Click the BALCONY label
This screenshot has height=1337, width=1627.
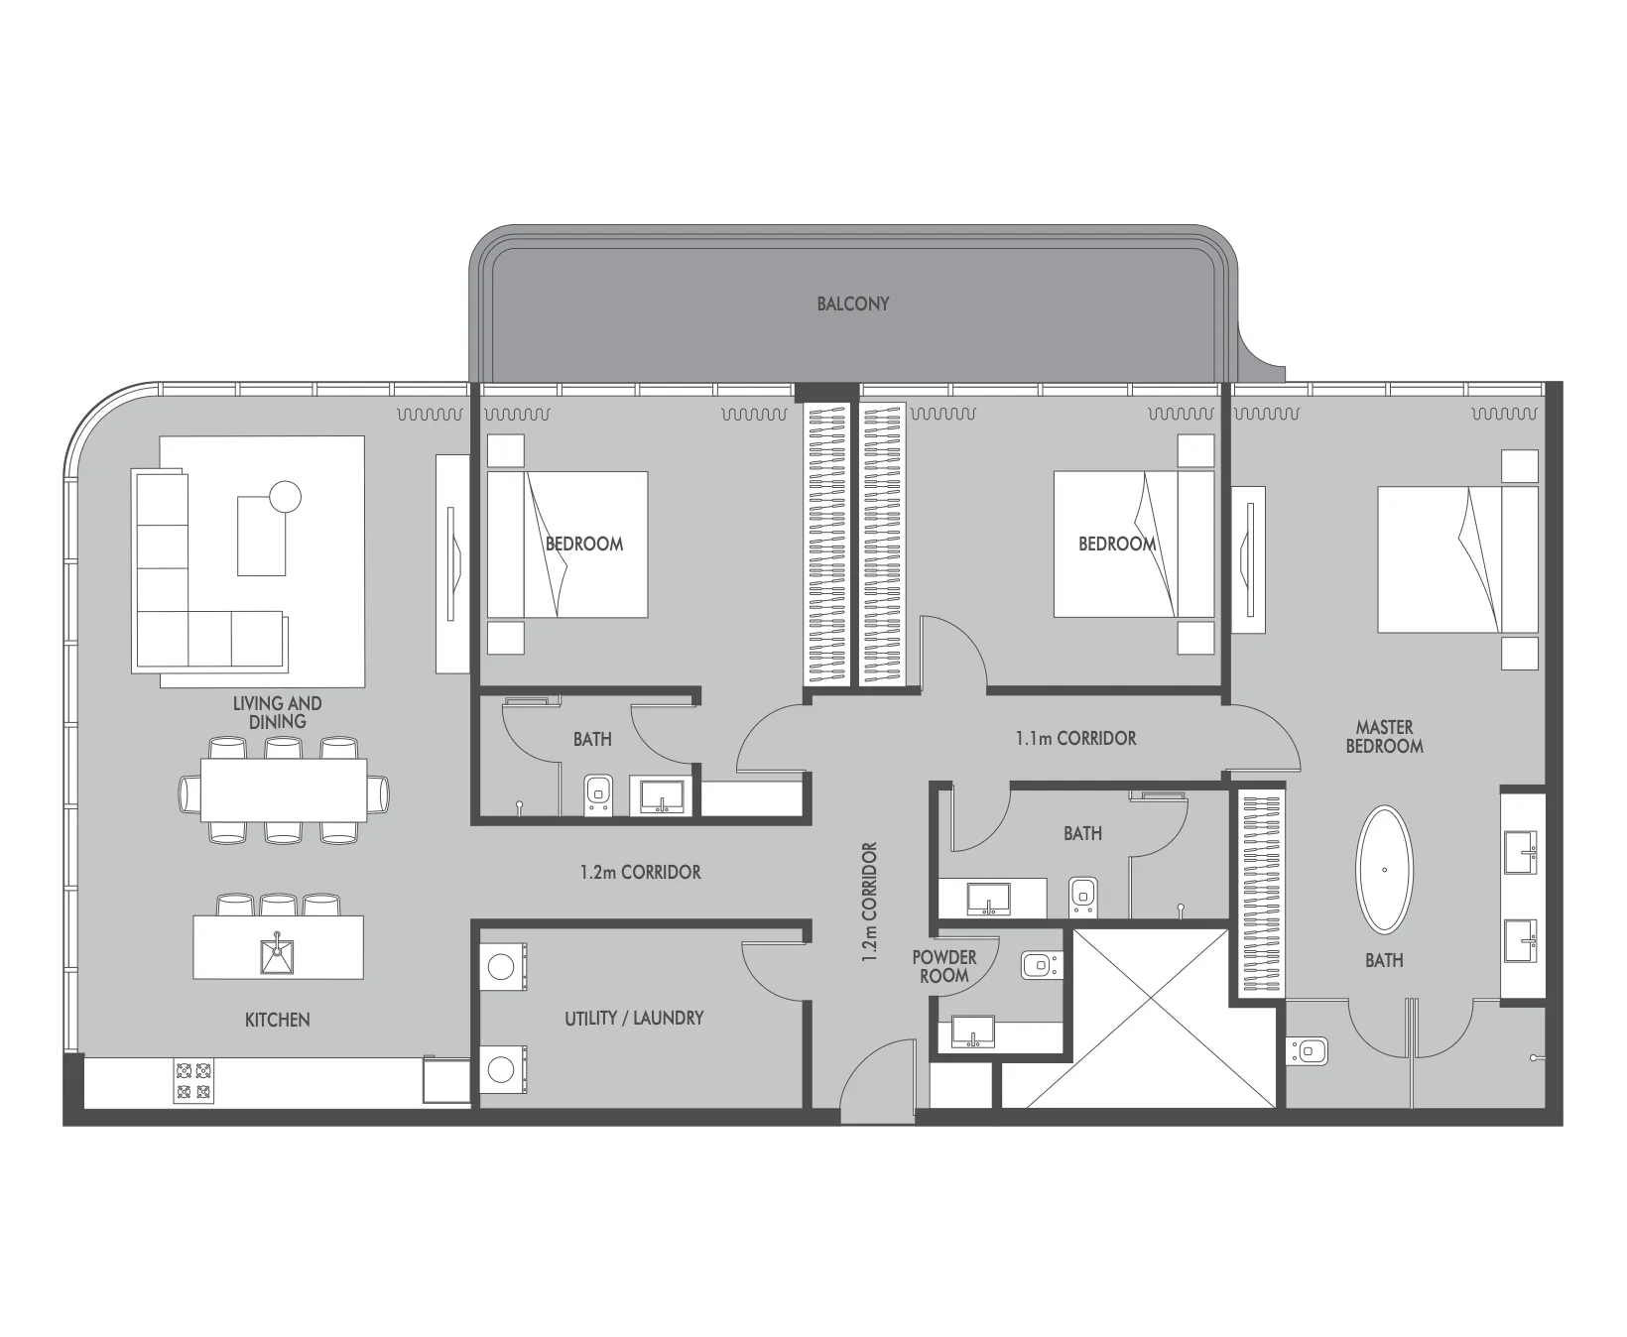click(x=852, y=304)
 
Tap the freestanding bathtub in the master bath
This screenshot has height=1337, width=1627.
click(x=1384, y=870)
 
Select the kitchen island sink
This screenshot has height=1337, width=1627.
click(x=278, y=955)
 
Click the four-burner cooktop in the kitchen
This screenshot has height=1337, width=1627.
click(x=193, y=1081)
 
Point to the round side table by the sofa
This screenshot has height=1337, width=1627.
click(x=285, y=496)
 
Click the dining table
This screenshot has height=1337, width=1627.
click(x=284, y=790)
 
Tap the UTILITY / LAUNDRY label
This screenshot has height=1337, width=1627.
click(x=634, y=1018)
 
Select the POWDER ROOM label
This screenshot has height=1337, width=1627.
click(x=944, y=966)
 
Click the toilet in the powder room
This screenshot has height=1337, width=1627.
click(x=1042, y=962)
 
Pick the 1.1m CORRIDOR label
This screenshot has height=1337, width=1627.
click(x=1075, y=738)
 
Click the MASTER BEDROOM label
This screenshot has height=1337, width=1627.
click(x=1384, y=736)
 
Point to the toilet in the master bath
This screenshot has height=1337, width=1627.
click(x=1307, y=1050)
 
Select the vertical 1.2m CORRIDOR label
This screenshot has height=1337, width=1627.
click(x=870, y=904)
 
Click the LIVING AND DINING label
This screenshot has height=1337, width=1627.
click(x=278, y=712)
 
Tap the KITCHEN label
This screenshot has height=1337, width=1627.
click(x=278, y=1020)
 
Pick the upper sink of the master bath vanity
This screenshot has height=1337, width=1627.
click(x=1521, y=849)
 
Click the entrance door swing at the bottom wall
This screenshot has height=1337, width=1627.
click(x=879, y=1081)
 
